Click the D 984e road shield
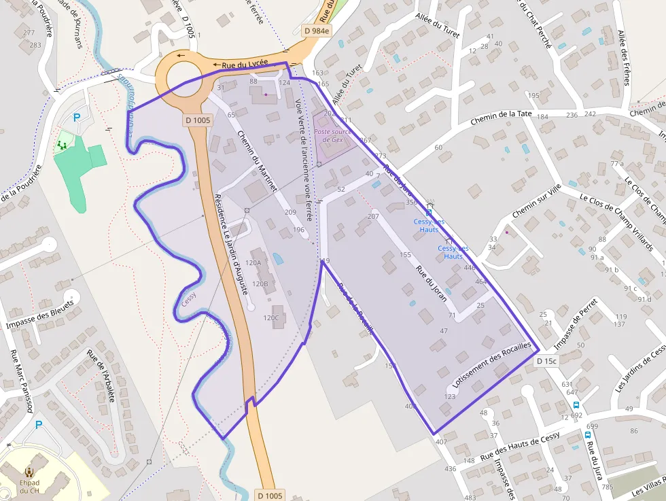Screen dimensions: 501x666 [x=317, y=31]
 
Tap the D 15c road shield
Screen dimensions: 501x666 [x=546, y=361]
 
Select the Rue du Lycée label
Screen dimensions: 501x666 [x=245, y=64]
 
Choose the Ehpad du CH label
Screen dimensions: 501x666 [x=29, y=485]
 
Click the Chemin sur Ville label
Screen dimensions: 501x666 [x=536, y=201]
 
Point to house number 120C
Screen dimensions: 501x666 [x=271, y=317]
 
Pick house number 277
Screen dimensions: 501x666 [x=29, y=33]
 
